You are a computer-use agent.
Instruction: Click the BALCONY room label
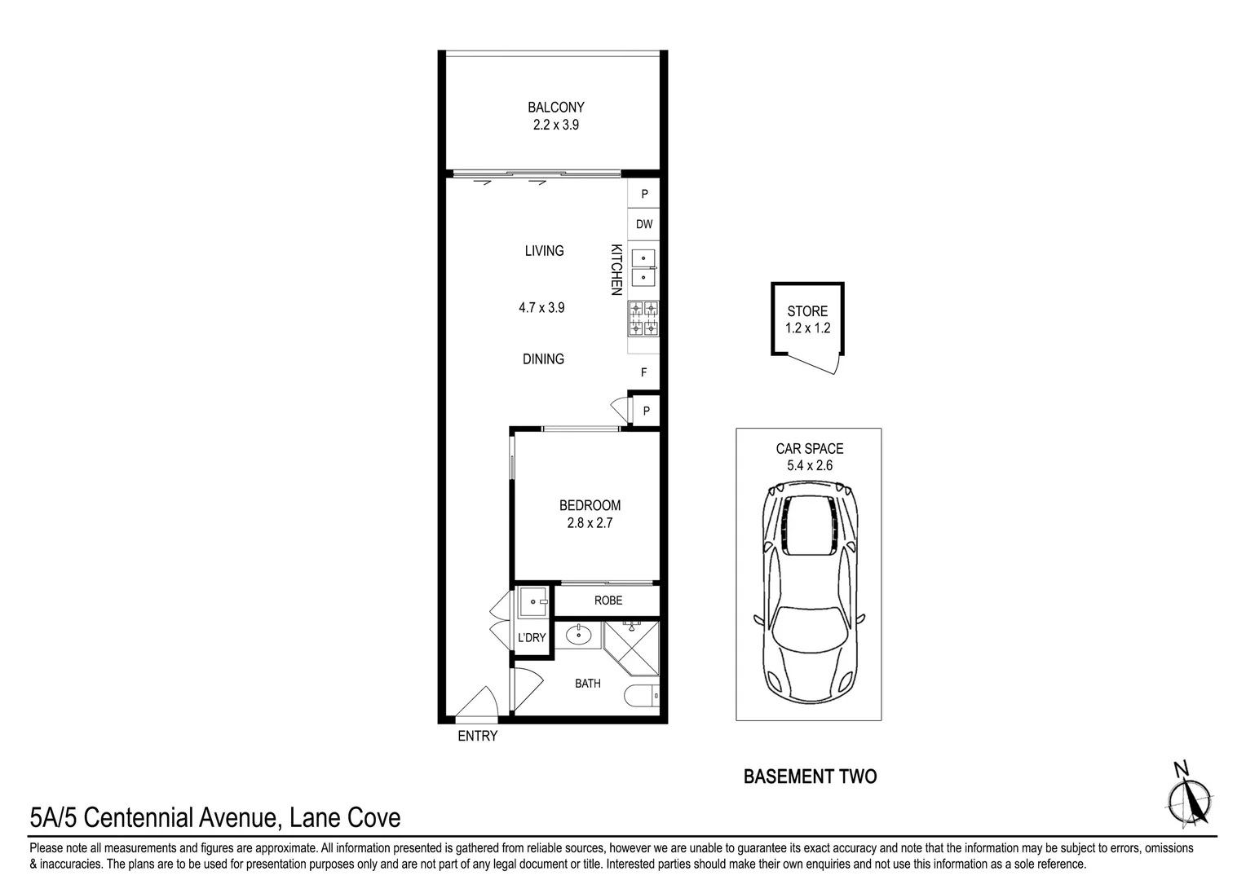click(555, 107)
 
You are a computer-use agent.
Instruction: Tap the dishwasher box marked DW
click(643, 224)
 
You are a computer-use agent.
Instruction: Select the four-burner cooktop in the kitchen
click(643, 319)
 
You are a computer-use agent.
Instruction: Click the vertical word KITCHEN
click(616, 270)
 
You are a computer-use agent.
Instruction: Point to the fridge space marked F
click(643, 372)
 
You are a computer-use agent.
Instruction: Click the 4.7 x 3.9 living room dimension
click(541, 307)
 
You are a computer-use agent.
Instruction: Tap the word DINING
click(543, 359)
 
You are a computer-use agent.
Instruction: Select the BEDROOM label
click(590, 505)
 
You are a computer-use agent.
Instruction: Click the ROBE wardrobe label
click(608, 601)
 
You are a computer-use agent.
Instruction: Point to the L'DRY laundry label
click(532, 638)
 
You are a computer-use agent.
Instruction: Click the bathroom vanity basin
click(578, 634)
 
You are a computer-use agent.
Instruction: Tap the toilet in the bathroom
click(642, 696)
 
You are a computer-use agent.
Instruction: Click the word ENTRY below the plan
click(477, 736)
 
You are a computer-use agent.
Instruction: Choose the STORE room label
click(807, 311)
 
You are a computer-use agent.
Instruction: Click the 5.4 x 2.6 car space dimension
click(810, 465)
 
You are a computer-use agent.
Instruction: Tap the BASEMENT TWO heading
click(810, 777)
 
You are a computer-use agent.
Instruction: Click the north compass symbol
click(1189, 798)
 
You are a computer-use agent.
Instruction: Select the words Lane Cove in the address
click(345, 818)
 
